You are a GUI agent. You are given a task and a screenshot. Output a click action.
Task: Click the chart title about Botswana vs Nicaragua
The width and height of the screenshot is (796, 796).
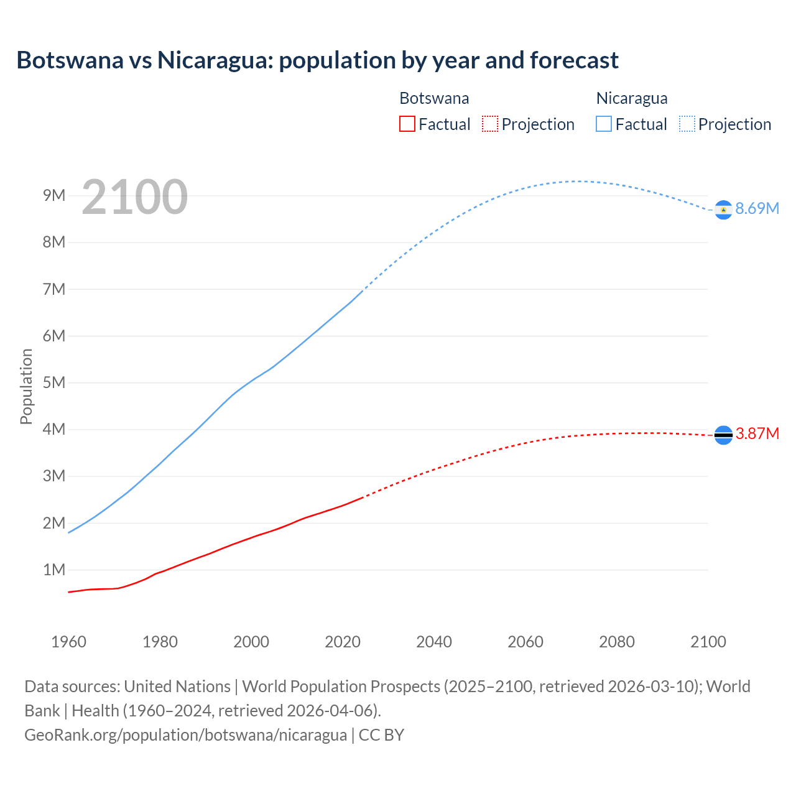tap(317, 60)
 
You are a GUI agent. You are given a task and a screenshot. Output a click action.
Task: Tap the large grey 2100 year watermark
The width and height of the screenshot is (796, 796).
tap(134, 197)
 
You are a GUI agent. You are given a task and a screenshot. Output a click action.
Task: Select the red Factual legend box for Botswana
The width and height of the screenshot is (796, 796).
tap(407, 124)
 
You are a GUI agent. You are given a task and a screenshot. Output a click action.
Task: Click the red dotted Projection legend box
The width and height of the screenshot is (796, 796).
tap(490, 124)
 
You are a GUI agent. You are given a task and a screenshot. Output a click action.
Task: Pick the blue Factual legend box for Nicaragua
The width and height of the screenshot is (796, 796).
tap(603, 124)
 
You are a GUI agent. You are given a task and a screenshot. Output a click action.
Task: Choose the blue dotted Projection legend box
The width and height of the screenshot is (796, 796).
tap(687, 124)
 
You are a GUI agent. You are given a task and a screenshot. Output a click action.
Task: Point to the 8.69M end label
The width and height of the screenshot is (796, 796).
tap(757, 208)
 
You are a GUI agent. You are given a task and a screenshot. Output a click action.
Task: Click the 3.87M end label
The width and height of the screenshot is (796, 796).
tap(757, 433)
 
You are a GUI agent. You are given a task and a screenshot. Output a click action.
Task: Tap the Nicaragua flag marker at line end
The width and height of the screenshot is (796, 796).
tap(723, 210)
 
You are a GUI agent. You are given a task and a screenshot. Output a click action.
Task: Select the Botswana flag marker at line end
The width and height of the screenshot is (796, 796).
tap(723, 435)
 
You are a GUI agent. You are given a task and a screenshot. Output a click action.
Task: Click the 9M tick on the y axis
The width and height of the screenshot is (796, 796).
tap(54, 196)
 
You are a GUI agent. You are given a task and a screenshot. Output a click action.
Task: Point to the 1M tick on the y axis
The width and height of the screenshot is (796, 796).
tap(54, 570)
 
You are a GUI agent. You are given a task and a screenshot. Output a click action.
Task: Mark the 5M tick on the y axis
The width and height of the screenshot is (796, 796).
tap(54, 382)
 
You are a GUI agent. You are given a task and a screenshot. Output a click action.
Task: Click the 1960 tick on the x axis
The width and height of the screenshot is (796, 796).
tap(68, 642)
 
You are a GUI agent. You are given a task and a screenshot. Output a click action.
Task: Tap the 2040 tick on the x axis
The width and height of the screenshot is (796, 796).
tap(434, 642)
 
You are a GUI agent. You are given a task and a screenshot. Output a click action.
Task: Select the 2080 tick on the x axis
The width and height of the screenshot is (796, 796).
tap(617, 642)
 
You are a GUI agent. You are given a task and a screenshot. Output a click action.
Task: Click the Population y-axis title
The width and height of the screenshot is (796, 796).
tap(26, 386)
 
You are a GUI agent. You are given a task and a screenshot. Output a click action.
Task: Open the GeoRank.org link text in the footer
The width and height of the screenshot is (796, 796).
tap(185, 735)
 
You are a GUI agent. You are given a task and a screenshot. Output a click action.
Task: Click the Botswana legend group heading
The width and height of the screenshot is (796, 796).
tap(434, 98)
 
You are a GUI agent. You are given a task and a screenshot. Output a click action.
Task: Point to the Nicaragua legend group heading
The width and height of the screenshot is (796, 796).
tap(632, 98)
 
